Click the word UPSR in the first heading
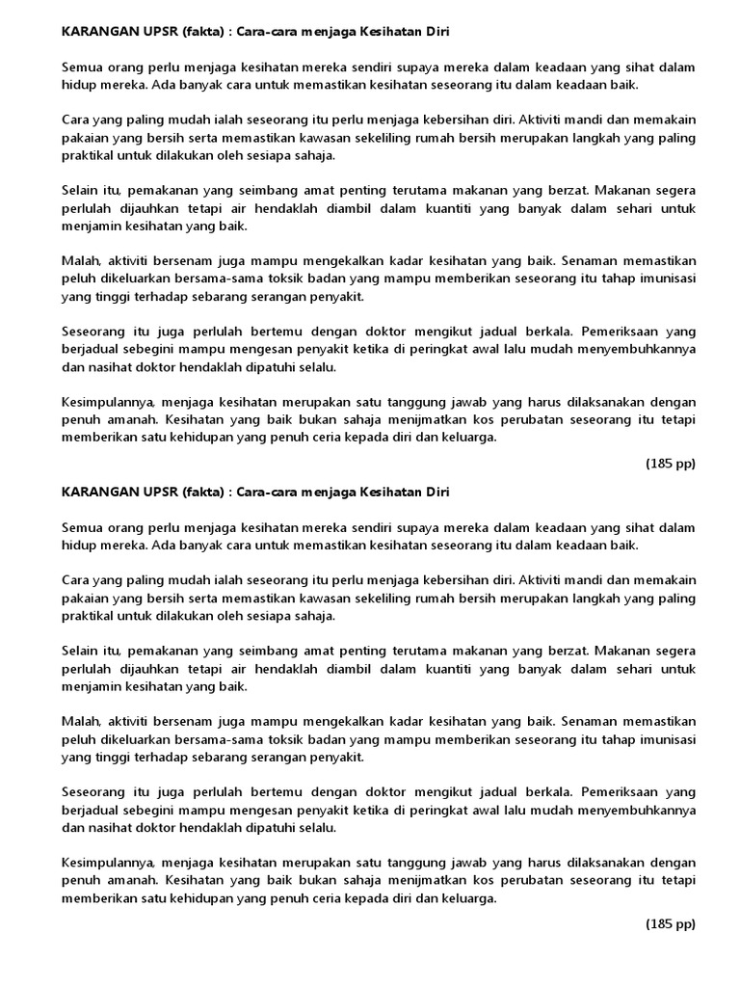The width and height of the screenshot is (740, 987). [x=154, y=32]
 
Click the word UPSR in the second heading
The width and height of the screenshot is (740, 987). [x=154, y=493]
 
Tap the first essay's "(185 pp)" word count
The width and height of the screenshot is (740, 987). [x=670, y=464]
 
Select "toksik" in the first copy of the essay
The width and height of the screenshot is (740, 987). [x=265, y=279]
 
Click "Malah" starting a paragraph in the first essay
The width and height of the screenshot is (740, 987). [x=80, y=261]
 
